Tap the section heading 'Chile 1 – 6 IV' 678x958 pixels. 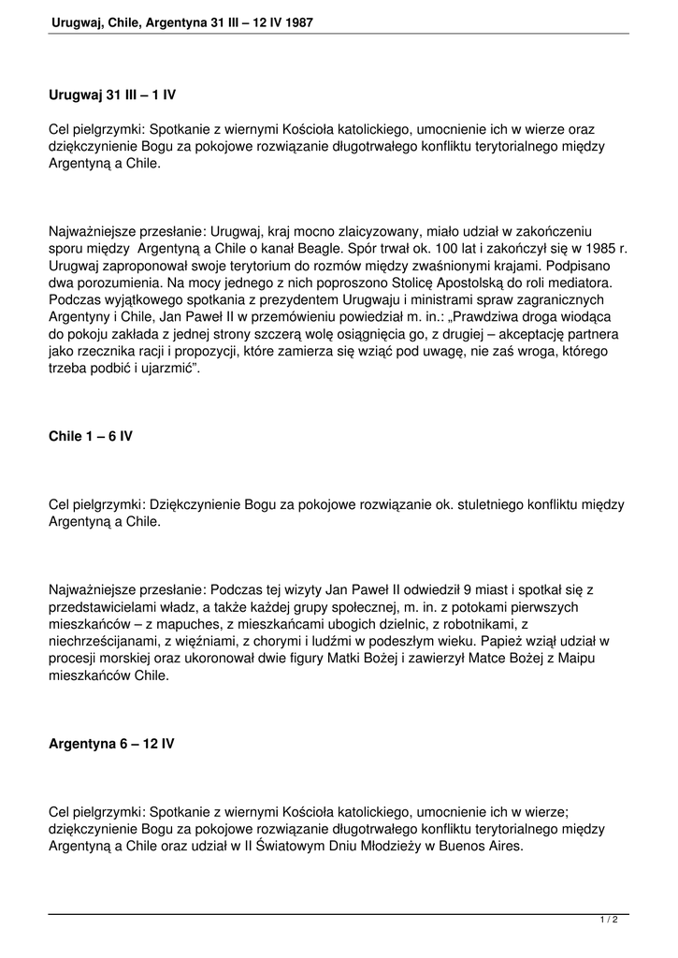point(90,436)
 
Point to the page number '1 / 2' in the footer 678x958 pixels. point(609,921)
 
